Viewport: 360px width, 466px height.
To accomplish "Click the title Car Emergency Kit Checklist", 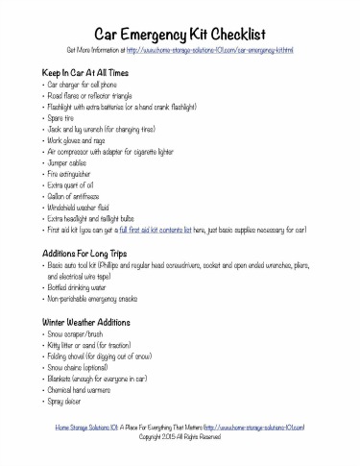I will (180, 33).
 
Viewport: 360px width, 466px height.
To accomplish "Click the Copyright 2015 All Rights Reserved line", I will (180, 436).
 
